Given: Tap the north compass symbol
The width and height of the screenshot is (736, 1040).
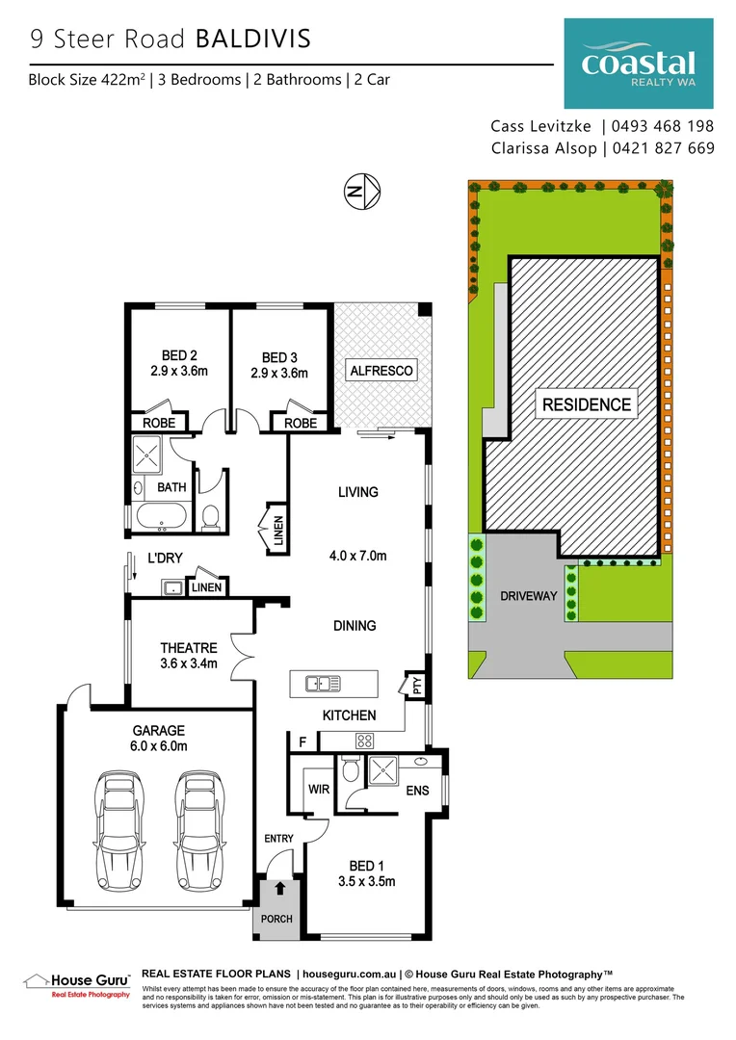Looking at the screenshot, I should pyautogui.click(x=363, y=193).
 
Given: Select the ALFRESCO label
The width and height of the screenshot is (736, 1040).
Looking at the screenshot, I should pyautogui.click(x=381, y=370).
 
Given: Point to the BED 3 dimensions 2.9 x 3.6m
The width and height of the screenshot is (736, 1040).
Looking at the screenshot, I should pyautogui.click(x=278, y=374).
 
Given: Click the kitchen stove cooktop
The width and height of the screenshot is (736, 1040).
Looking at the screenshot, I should pyautogui.click(x=366, y=741).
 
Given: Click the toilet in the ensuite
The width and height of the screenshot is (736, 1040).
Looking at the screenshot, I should pyautogui.click(x=351, y=771).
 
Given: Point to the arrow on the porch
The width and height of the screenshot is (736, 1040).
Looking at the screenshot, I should pyautogui.click(x=279, y=889).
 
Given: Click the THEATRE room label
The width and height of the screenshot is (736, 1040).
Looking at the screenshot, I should pyautogui.click(x=189, y=648).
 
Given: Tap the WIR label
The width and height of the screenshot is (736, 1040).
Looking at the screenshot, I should pyautogui.click(x=319, y=789).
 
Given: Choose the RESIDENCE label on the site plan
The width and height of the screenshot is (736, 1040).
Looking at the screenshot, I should pyautogui.click(x=586, y=404).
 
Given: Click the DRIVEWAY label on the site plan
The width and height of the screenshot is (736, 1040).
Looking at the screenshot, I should pyautogui.click(x=529, y=596).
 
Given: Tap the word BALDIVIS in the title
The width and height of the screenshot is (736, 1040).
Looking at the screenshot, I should pyautogui.click(x=253, y=39).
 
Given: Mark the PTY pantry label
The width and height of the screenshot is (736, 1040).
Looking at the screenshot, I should pyautogui.click(x=417, y=687).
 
